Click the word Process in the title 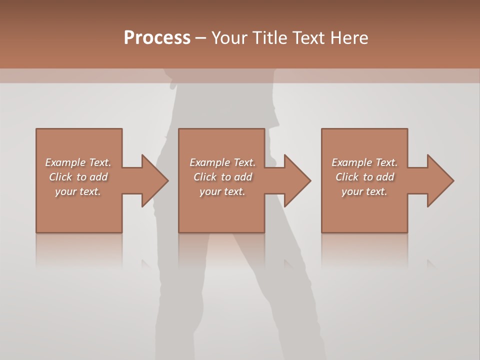pyautogui.click(x=157, y=38)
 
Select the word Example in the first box pyautogui.click(x=65, y=162)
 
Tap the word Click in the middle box pyautogui.click(x=205, y=177)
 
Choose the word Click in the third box pyautogui.click(x=347, y=177)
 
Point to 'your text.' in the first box pyautogui.click(x=78, y=191)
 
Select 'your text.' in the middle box pyautogui.click(x=222, y=191)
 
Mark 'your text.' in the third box pyautogui.click(x=364, y=191)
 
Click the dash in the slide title pyautogui.click(x=201, y=38)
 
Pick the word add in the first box pyautogui.click(x=98, y=177)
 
